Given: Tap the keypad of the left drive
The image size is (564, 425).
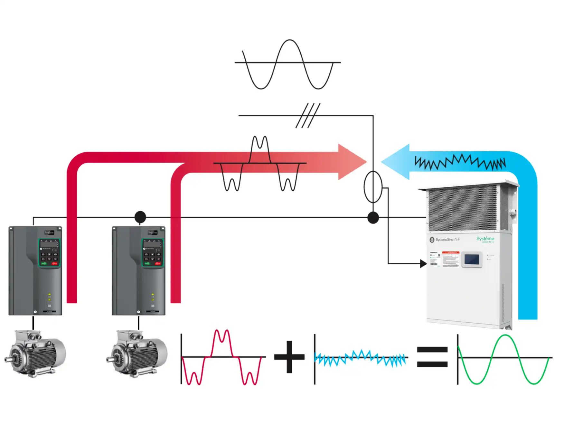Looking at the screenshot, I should coord(49,253).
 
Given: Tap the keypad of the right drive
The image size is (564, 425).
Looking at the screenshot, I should coord(153,253).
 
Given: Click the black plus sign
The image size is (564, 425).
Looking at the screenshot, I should coord(289,357).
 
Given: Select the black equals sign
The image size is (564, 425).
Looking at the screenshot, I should coord(432,357).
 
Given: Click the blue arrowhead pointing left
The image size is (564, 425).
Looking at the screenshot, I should coord(396,162).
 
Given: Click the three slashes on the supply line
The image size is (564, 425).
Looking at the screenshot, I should coord(308,116).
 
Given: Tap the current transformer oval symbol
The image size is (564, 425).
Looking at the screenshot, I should coord(373,187).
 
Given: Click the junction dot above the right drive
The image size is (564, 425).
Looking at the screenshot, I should coord(140,217).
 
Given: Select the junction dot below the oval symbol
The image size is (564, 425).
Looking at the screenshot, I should coord(373,218).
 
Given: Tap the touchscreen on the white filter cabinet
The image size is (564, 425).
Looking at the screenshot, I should coord(472,260).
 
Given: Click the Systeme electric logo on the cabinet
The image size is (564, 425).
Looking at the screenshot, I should coord(485,240).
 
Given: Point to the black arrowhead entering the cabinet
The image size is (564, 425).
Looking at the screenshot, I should coord(423,264).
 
